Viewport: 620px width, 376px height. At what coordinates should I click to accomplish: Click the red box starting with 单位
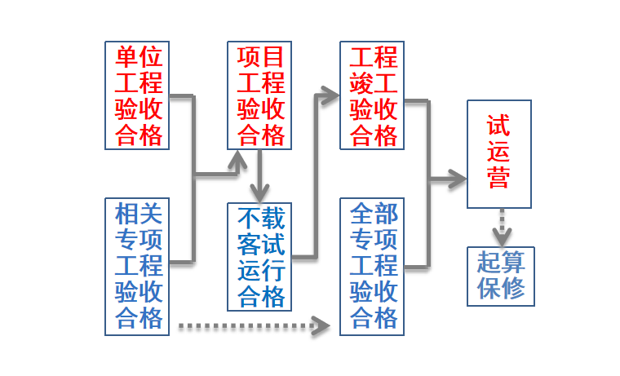coord(139,95)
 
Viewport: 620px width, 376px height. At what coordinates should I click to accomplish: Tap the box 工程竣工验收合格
coord(373,95)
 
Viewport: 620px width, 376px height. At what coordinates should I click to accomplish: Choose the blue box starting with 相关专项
coord(139,266)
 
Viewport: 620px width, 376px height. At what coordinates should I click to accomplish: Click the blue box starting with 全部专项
coord(373,266)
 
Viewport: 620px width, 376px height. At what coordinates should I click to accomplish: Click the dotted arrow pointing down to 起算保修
coord(501,227)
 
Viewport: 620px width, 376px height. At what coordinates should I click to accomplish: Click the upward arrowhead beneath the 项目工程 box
coord(238,161)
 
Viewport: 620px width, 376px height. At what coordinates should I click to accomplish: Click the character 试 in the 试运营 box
coord(499,126)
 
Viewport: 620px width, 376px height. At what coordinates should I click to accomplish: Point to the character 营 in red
coord(499,177)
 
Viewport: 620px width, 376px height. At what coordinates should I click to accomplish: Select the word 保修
coord(501,289)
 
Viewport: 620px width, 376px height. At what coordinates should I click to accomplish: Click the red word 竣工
coord(373,83)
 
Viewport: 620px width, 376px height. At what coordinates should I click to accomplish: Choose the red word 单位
coord(139,57)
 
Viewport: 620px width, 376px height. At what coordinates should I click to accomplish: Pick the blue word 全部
coord(373,215)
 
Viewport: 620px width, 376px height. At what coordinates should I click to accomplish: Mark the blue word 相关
coord(139,215)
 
